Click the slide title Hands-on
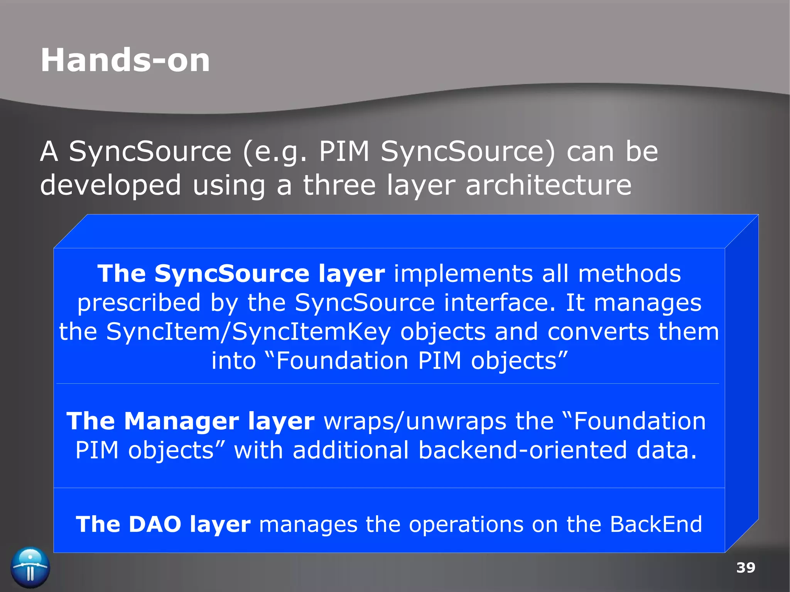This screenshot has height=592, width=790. click(x=125, y=61)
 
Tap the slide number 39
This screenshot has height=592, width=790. click(x=745, y=568)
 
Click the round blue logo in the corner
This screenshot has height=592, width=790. click(x=30, y=567)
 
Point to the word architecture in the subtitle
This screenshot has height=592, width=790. click(x=548, y=185)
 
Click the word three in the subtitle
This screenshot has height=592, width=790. click(x=339, y=185)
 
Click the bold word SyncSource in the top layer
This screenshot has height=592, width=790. click(x=232, y=274)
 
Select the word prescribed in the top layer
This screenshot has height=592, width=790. click(x=139, y=303)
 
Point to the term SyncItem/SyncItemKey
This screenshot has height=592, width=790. click(x=248, y=332)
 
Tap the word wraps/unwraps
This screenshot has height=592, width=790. click(x=415, y=422)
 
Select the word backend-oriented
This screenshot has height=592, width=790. click(x=523, y=450)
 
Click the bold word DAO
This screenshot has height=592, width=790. click(x=155, y=525)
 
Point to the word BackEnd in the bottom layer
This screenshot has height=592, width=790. click(x=656, y=525)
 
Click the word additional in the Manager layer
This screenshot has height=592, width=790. click(x=350, y=450)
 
